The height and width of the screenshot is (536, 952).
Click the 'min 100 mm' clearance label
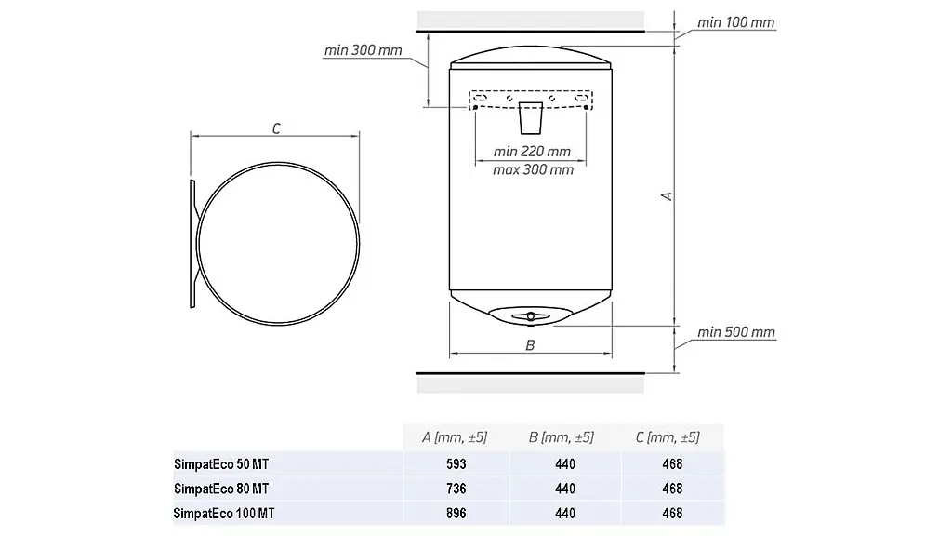(x=736, y=22)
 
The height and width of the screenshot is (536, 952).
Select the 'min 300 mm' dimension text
(x=364, y=50)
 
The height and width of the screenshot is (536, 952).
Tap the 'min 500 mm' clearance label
(x=736, y=332)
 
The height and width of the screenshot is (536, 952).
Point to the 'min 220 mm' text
(x=532, y=152)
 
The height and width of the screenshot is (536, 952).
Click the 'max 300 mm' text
(x=533, y=169)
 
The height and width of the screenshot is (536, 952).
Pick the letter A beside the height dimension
(x=667, y=195)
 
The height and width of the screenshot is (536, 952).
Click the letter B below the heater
(x=530, y=345)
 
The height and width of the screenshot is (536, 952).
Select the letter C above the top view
(x=276, y=128)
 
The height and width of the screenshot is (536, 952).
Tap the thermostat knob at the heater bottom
(x=531, y=316)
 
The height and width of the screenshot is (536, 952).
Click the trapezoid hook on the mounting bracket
(x=530, y=118)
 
